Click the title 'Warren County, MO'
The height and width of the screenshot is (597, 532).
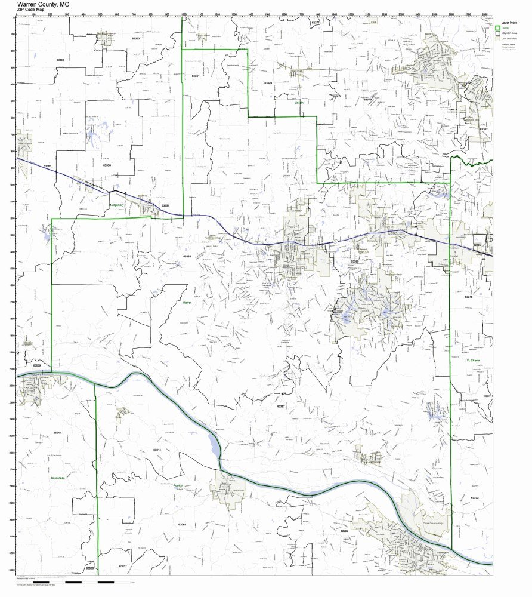pyautogui.click(x=47, y=4)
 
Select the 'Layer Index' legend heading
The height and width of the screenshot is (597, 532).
pyautogui.click(x=509, y=22)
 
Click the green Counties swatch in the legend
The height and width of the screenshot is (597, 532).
pyautogui.click(x=497, y=27)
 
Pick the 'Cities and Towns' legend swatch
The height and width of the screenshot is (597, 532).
pyautogui.click(x=497, y=38)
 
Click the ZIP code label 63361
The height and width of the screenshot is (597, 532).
pyautogui.click(x=59, y=76)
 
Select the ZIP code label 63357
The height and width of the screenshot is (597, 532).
pyautogui.click(x=282, y=406)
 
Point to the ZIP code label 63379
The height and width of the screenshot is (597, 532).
pyautogui.click(x=367, y=99)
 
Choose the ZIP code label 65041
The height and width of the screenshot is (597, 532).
pyautogui.click(x=57, y=431)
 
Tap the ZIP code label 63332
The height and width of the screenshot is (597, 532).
pyautogui.click(x=475, y=497)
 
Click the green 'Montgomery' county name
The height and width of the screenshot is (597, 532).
pyautogui.click(x=116, y=205)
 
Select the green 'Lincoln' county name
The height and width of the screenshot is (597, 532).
pyautogui.click(x=299, y=103)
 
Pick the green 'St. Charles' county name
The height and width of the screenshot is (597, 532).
pyautogui.click(x=474, y=361)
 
